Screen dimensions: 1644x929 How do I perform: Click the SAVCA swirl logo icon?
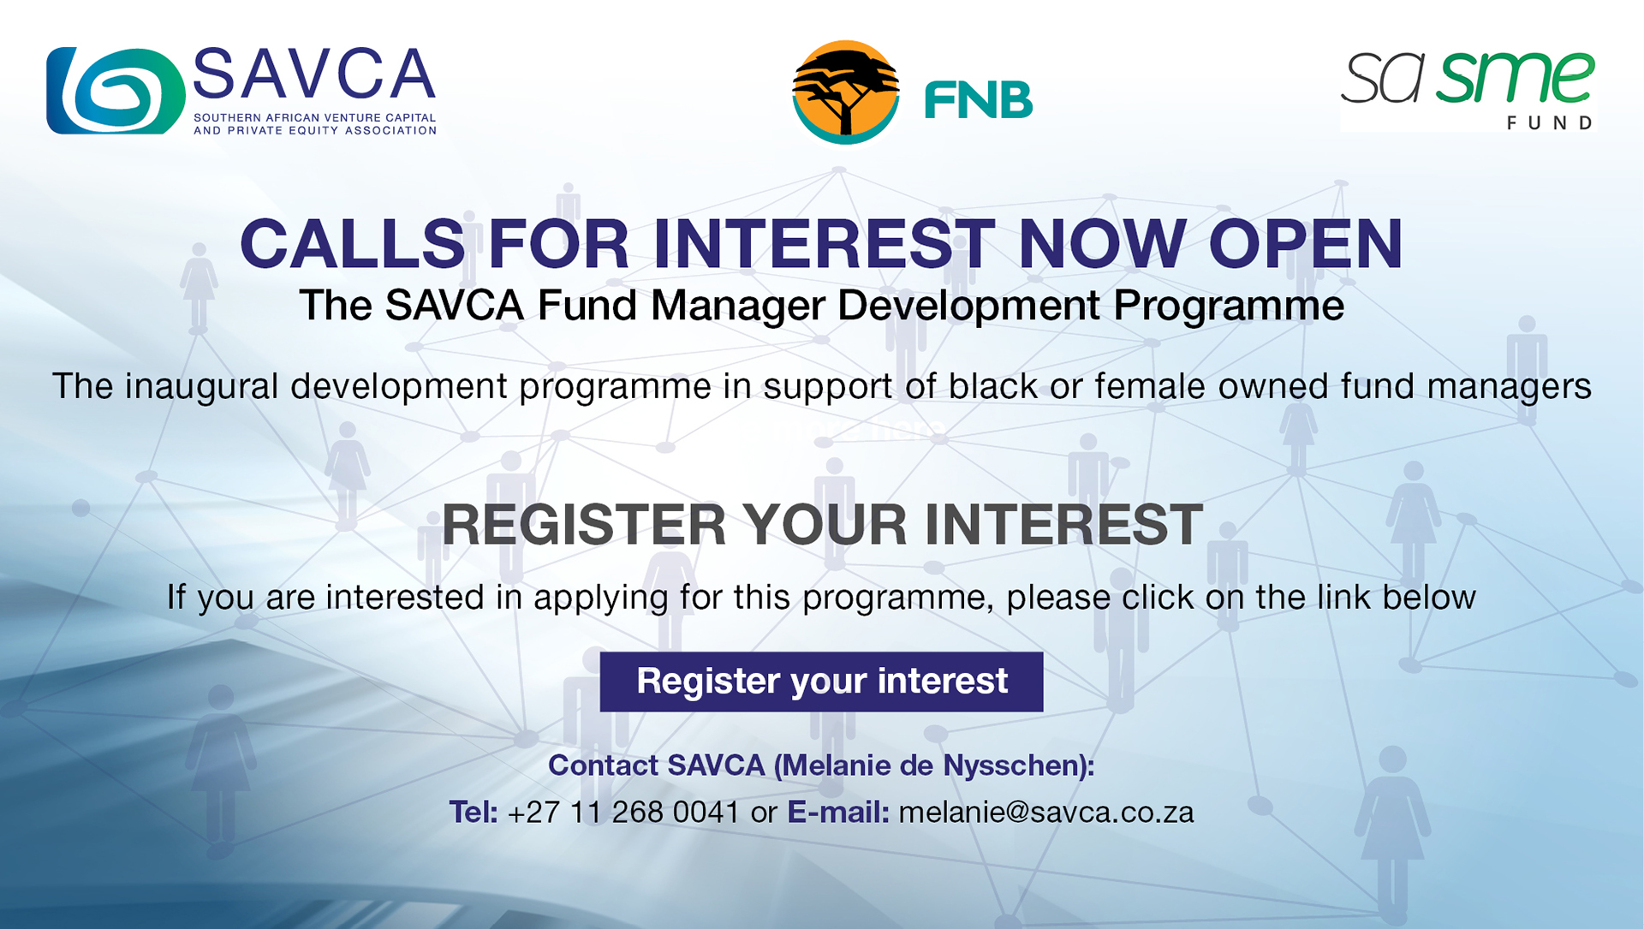(x=116, y=91)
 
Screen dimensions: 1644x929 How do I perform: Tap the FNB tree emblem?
(x=846, y=92)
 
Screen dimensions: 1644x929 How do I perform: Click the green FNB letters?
(x=979, y=101)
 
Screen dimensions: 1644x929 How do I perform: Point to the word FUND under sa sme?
(x=1550, y=123)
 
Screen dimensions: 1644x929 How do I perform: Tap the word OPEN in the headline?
(x=1306, y=244)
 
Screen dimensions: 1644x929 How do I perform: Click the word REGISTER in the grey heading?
(x=584, y=524)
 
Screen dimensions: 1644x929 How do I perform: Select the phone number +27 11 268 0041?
(x=623, y=812)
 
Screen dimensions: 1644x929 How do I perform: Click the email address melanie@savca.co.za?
(x=1046, y=812)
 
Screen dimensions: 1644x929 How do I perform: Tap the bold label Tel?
(x=474, y=812)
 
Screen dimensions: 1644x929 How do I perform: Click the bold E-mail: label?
(x=838, y=812)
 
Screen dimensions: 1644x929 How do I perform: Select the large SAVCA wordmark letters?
(x=314, y=74)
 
